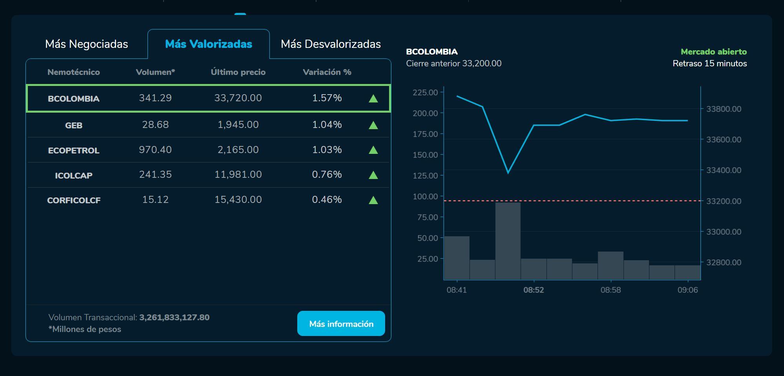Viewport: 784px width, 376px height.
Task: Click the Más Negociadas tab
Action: click(x=86, y=44)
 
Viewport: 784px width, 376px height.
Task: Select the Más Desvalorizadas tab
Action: click(x=331, y=44)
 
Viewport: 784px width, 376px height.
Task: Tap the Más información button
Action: click(x=341, y=324)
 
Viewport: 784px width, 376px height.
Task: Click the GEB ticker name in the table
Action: click(x=74, y=125)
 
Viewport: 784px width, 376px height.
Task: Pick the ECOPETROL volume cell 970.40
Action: click(x=155, y=150)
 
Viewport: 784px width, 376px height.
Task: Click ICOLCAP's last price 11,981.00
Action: click(x=238, y=174)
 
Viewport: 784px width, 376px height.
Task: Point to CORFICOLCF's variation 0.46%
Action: click(x=327, y=199)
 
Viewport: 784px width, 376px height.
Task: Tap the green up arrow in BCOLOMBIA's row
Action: click(x=373, y=99)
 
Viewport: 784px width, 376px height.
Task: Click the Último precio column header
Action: click(x=238, y=72)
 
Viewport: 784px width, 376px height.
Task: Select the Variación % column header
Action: click(x=327, y=72)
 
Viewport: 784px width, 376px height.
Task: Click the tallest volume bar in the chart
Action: click(x=508, y=240)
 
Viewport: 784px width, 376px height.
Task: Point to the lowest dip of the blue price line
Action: click(x=508, y=172)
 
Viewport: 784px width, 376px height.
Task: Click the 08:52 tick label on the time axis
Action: click(x=533, y=290)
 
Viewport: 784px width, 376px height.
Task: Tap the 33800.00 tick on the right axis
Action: click(x=724, y=109)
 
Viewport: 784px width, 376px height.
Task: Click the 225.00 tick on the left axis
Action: click(x=425, y=92)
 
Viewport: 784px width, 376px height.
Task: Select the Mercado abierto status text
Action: click(x=713, y=52)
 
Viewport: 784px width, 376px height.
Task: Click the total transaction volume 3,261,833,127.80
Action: click(x=174, y=317)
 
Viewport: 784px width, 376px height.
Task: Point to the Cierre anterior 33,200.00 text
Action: click(x=453, y=64)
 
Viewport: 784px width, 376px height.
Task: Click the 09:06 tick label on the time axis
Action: click(x=688, y=290)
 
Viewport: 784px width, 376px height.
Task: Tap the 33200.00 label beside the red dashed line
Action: click(x=724, y=201)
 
